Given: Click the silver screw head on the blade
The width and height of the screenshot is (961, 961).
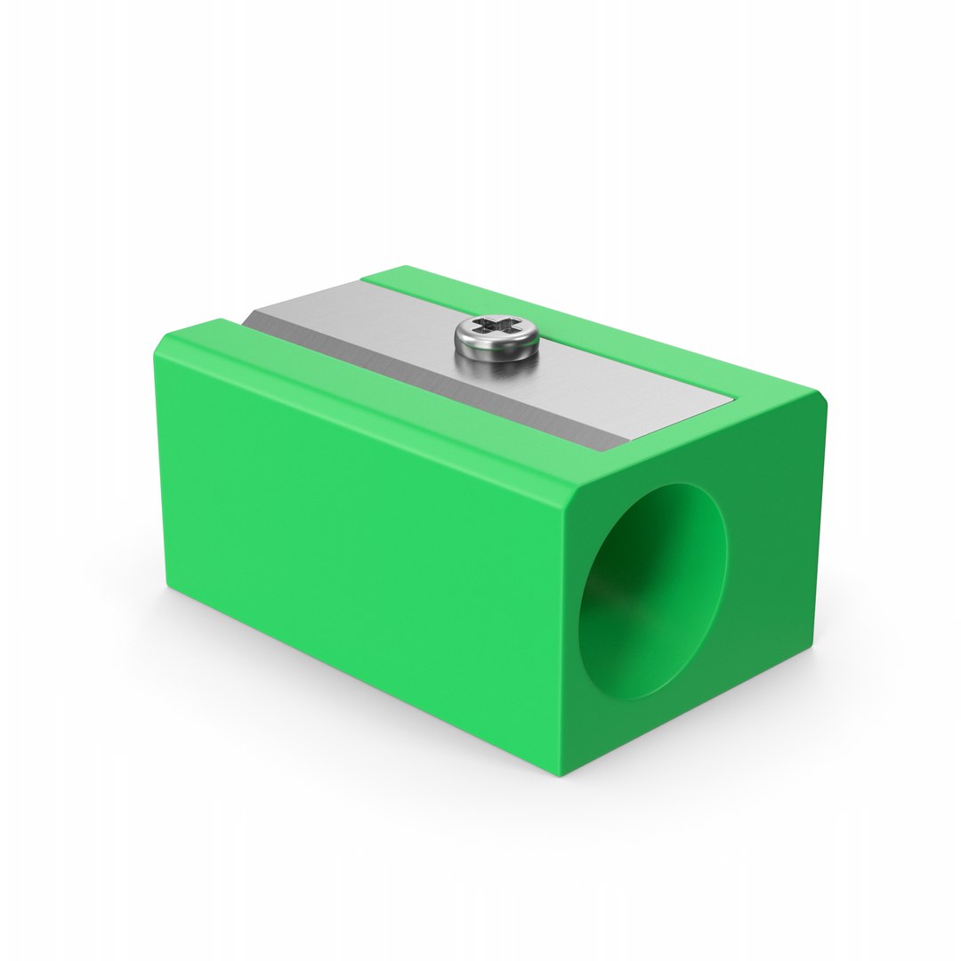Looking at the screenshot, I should [x=497, y=340].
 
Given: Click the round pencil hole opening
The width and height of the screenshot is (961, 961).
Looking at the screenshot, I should [x=652, y=591].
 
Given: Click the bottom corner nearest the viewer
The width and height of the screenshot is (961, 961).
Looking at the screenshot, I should [x=563, y=772].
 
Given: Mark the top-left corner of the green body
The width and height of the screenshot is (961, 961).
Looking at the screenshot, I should [x=164, y=338].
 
